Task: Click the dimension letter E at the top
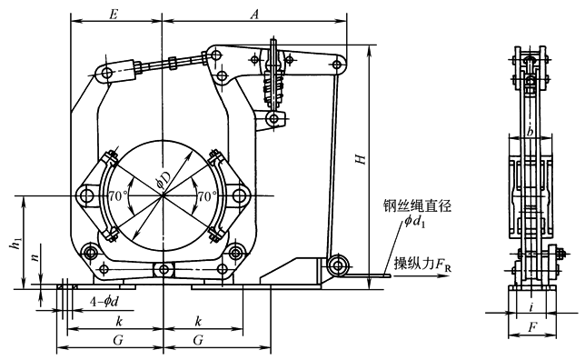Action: (114, 15)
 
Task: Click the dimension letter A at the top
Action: (255, 15)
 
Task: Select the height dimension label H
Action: (361, 159)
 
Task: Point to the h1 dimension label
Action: (15, 244)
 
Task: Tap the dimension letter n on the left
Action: (35, 257)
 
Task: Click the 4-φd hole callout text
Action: (104, 301)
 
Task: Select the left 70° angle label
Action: (118, 195)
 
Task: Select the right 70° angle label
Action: (207, 195)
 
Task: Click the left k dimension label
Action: (119, 321)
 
